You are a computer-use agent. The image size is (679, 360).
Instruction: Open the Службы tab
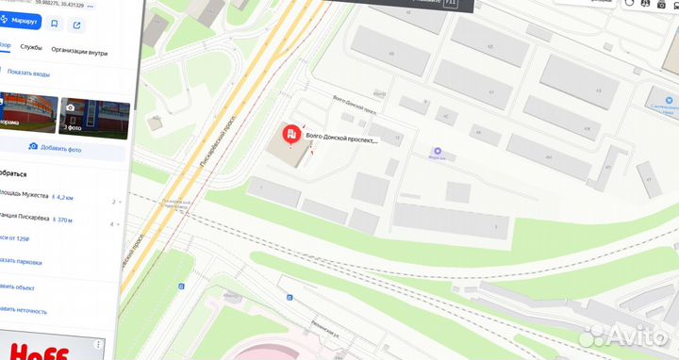pyautogui.click(x=31, y=46)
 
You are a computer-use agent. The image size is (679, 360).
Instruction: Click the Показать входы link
pyautogui.click(x=28, y=74)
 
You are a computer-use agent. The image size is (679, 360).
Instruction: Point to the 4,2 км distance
pyautogui.click(x=63, y=197)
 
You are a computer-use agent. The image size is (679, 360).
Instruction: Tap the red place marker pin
pyautogui.click(x=291, y=136)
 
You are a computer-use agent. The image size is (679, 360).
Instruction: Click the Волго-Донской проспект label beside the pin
pyautogui.click(x=341, y=141)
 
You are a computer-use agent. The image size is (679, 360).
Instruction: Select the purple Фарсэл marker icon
pyautogui.click(x=437, y=152)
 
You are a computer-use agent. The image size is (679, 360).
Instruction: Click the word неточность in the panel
pyautogui.click(x=28, y=309)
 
